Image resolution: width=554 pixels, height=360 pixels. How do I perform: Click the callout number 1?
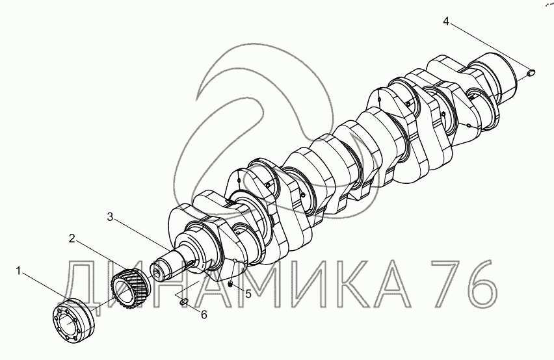click(x=18, y=271)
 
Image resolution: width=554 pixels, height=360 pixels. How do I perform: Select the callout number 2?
click(x=72, y=239)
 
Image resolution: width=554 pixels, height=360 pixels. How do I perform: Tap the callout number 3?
click(x=111, y=217)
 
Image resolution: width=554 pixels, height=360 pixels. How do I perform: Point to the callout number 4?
click(x=446, y=21)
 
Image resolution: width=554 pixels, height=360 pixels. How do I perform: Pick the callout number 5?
click(x=248, y=293)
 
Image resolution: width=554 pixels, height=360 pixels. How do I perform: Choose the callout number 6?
click(x=204, y=315)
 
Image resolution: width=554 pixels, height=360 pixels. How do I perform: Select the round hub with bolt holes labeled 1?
click(x=73, y=320)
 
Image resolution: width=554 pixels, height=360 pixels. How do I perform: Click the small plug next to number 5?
click(x=230, y=283)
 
